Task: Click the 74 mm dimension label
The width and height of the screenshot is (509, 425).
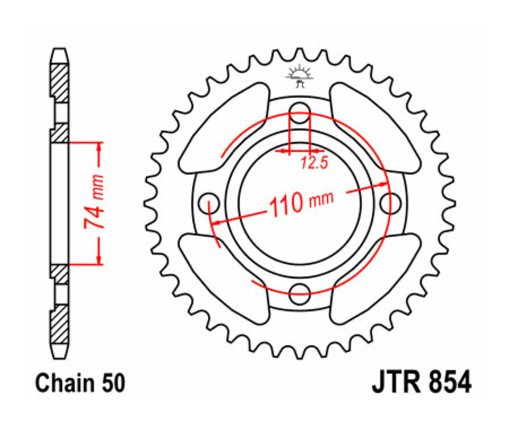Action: coord(95,202)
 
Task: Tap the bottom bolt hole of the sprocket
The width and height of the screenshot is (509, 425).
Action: coord(299,293)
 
